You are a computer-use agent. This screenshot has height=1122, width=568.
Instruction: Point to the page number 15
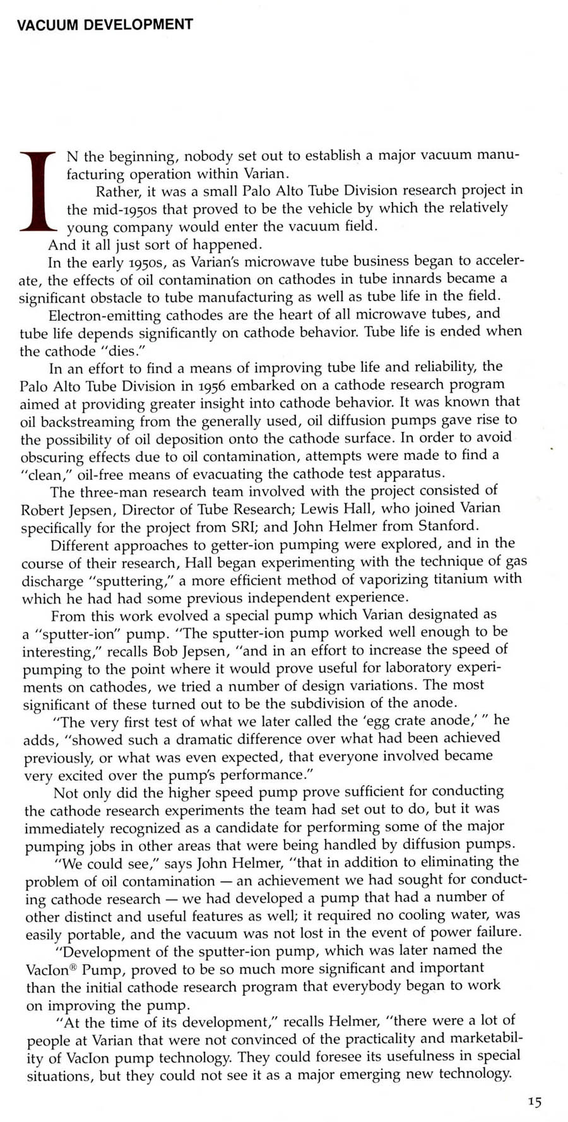[x=535, y=1102]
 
